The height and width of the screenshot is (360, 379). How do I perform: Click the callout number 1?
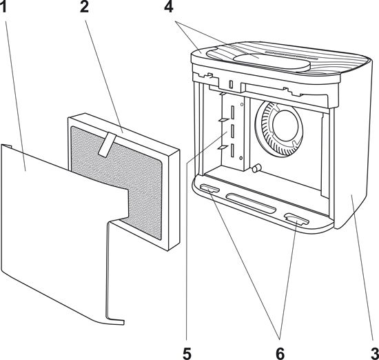pos(3,8)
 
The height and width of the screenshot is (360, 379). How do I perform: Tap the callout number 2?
pos(84,8)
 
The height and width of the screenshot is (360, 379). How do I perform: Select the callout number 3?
pos(376,354)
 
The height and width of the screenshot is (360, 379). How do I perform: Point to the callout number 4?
pos(169,8)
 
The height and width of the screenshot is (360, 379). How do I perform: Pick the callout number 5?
pos(187,354)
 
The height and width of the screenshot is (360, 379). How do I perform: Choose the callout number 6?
pos(280,354)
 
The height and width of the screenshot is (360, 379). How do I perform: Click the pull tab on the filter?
pos(107,144)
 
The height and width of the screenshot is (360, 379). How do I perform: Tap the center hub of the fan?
pos(285,125)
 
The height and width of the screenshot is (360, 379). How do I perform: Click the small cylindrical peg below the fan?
pos(257,168)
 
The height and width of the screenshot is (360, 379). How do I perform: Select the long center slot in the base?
pos(252,203)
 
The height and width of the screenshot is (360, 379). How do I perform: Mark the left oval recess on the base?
pos(209,188)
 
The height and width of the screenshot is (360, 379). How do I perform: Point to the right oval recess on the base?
pos(296,219)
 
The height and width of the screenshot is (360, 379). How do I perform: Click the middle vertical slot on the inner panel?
pos(233,131)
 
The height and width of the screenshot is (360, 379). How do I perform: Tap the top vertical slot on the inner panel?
pos(232,112)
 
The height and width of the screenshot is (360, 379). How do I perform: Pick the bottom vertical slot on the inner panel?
pos(233,150)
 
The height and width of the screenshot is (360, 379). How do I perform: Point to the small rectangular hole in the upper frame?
pos(232,84)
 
